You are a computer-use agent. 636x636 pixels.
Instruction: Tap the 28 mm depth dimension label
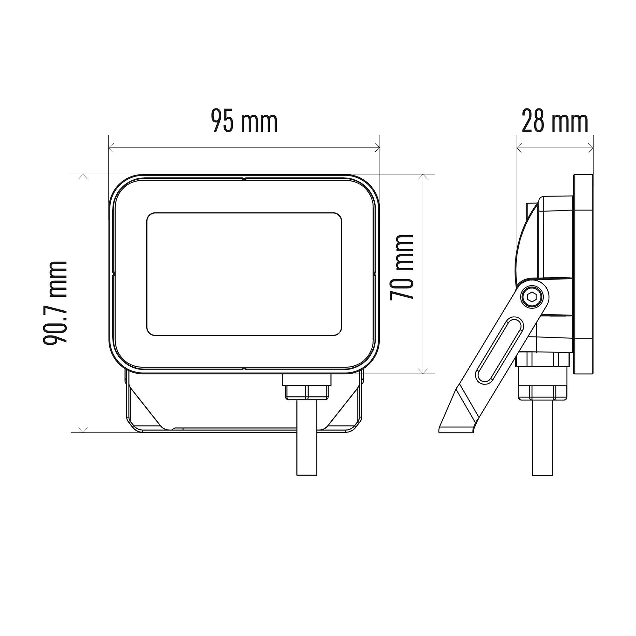click(555, 122)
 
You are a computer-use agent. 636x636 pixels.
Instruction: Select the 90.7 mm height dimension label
click(55, 302)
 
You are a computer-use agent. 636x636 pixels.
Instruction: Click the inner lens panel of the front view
click(244, 274)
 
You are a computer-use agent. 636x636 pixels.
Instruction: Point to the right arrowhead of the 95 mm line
click(377, 148)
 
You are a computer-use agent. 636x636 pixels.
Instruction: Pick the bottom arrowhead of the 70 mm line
click(424, 370)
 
